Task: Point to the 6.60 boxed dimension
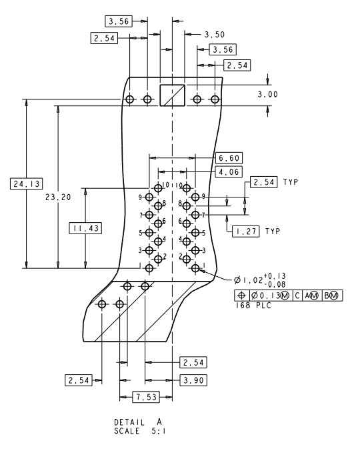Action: (x=229, y=158)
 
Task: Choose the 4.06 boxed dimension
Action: (x=229, y=172)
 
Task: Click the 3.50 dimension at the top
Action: (x=215, y=33)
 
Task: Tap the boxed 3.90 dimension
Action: (x=193, y=380)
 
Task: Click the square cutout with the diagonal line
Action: (x=171, y=95)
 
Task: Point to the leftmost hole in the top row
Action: (x=130, y=99)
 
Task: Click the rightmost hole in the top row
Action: (x=215, y=99)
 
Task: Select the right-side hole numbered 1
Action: (x=196, y=268)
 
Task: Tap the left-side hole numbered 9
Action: (x=149, y=197)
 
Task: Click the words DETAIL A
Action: (x=138, y=422)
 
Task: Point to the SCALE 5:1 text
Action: (x=138, y=430)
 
